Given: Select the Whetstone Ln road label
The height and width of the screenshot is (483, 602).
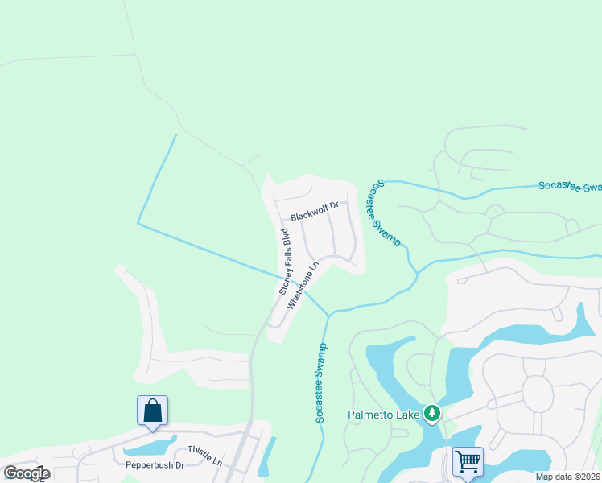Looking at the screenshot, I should (x=303, y=283).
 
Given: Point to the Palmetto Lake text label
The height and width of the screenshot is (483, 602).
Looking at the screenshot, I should (x=385, y=415).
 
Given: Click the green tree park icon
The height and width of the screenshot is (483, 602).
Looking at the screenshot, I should (x=433, y=413).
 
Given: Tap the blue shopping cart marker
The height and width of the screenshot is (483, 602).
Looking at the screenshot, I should (x=467, y=462).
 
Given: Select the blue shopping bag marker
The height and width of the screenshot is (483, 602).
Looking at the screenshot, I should (x=153, y=411).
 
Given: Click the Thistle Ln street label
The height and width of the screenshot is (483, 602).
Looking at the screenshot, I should (x=204, y=455).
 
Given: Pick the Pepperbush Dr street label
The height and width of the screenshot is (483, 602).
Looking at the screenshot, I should (x=155, y=465).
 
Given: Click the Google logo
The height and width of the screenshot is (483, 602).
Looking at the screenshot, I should (x=27, y=473).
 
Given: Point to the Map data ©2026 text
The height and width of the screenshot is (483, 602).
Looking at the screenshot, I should (x=567, y=477).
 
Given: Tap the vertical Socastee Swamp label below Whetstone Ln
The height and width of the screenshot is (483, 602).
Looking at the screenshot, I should (x=320, y=383).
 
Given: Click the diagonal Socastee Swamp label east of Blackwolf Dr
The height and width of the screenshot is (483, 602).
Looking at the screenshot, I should (x=389, y=213).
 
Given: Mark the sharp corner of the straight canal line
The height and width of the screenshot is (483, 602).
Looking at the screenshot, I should (x=138, y=223).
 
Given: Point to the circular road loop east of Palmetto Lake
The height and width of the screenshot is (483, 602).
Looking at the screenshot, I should (x=538, y=394).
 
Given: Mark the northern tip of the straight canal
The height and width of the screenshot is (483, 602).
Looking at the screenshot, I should (x=175, y=135).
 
